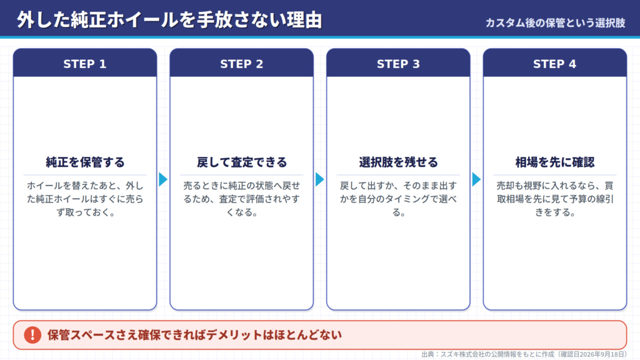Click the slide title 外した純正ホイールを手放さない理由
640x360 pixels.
click(x=169, y=20)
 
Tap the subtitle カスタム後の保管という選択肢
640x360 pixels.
click(x=555, y=23)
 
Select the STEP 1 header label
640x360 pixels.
click(x=85, y=64)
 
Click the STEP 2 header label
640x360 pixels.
click(x=242, y=64)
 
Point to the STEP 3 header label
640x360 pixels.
click(x=398, y=64)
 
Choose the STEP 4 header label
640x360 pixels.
click(x=555, y=64)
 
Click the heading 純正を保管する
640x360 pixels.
click(x=85, y=162)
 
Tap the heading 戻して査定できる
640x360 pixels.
click(x=242, y=162)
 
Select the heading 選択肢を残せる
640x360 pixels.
click(x=398, y=162)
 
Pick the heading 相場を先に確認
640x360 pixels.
click(x=555, y=162)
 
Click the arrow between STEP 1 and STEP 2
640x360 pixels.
click(x=163, y=179)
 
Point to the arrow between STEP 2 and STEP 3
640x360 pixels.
click(x=320, y=179)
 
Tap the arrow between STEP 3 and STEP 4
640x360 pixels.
click(x=477, y=179)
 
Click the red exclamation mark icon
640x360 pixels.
click(x=32, y=335)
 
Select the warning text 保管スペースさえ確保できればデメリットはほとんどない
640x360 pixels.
click(x=194, y=335)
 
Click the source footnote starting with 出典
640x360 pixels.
click(x=524, y=354)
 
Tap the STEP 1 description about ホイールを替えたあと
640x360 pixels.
click(x=85, y=199)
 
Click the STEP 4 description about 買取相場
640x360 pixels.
click(x=555, y=199)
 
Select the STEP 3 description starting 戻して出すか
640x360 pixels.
click(x=398, y=199)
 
